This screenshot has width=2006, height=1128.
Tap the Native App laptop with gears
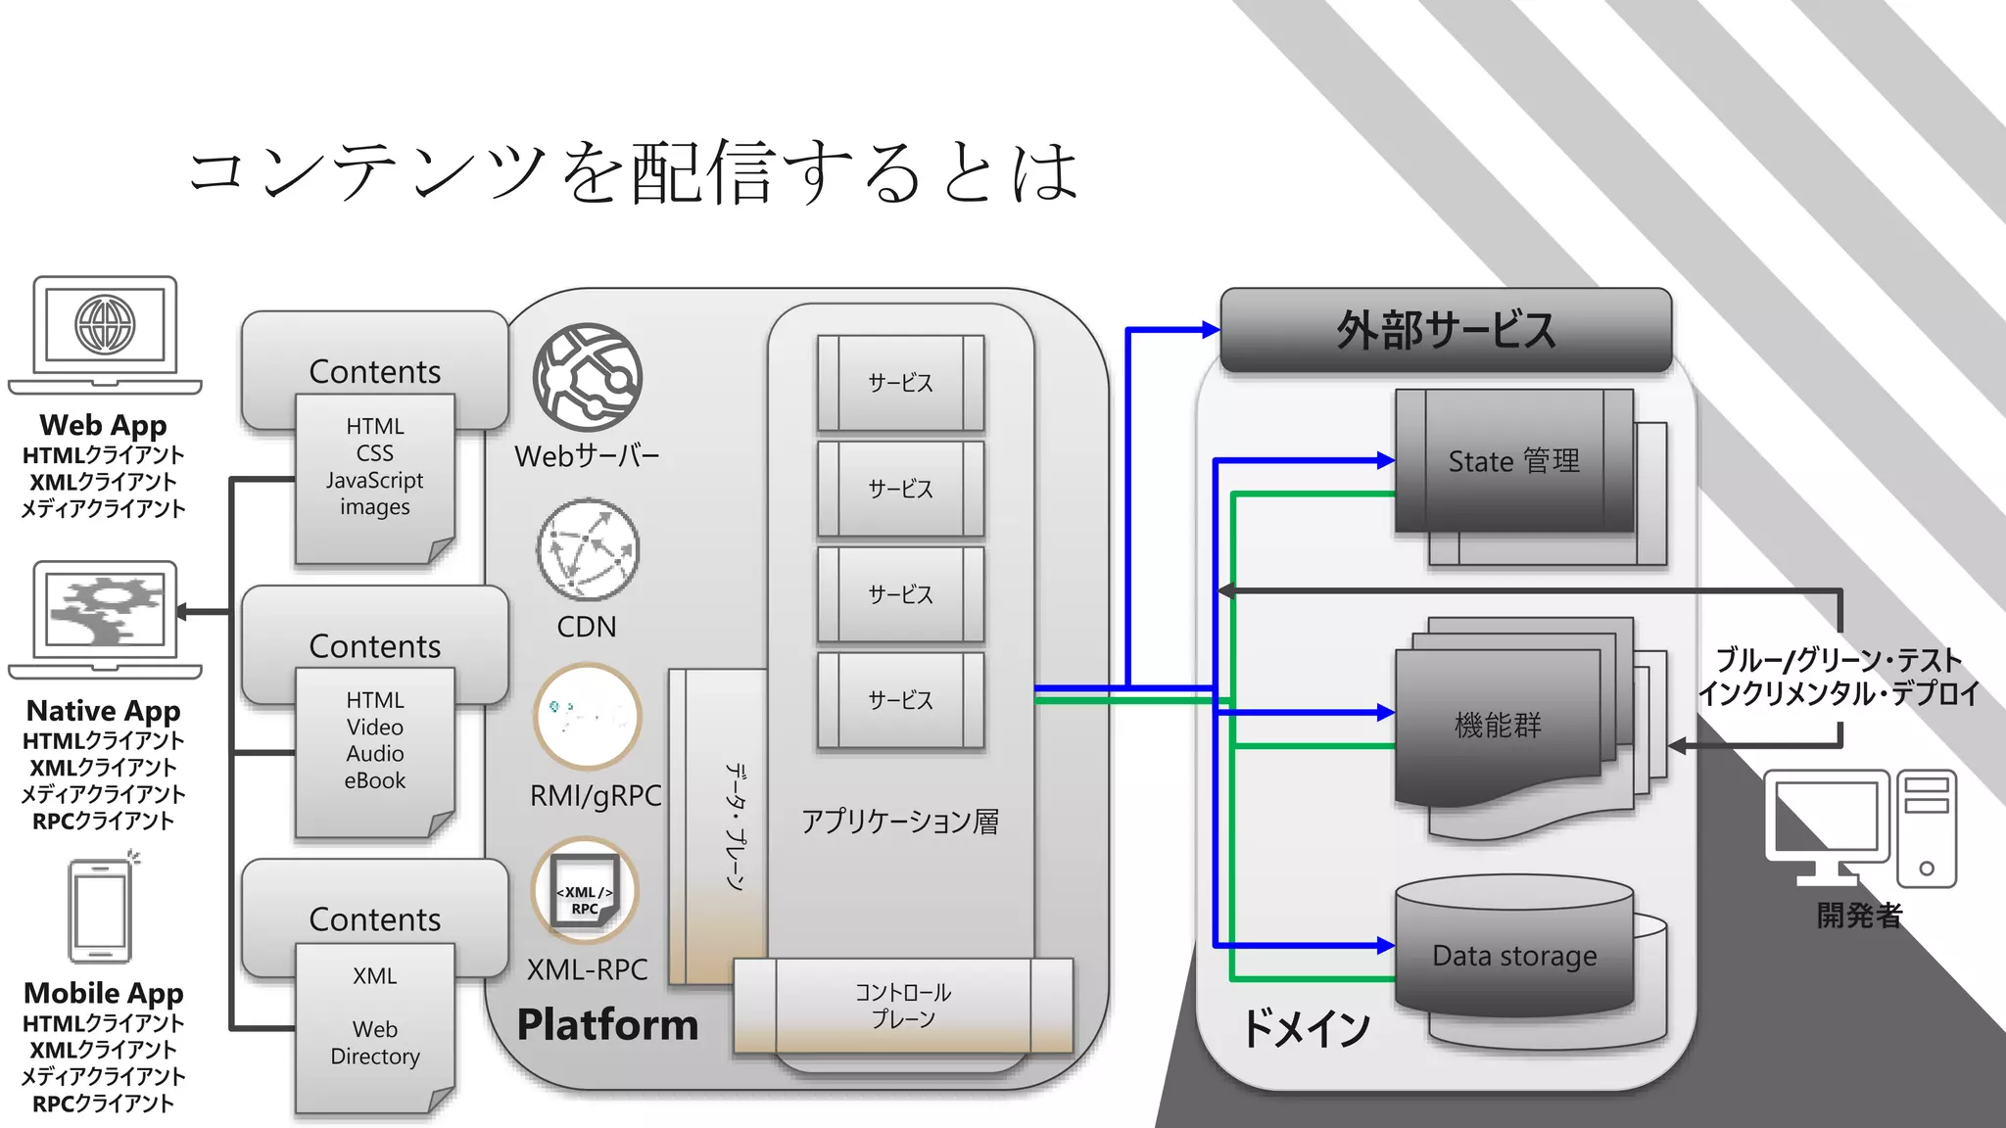(105, 615)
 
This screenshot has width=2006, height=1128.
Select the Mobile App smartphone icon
(100, 912)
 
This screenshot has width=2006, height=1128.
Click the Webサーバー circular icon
(588, 378)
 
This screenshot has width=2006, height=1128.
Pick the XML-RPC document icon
(585, 890)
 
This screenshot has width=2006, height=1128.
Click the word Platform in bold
(607, 1025)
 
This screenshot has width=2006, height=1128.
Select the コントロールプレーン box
(903, 1006)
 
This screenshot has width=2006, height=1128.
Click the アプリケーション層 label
(900, 822)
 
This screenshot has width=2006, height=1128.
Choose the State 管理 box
(1514, 461)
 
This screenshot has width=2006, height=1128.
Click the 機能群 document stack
(1499, 726)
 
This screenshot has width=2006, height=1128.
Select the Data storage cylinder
(1514, 956)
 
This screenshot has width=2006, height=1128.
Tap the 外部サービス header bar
(1446, 330)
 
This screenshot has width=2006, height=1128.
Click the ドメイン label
(1307, 1028)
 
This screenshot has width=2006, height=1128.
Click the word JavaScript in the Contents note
(374, 481)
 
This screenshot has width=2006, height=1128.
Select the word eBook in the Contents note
(374, 781)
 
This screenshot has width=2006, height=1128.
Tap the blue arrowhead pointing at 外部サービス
(1211, 330)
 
